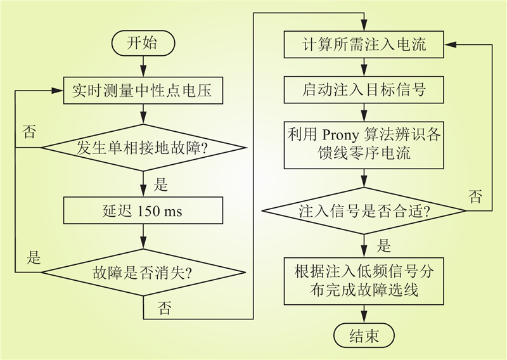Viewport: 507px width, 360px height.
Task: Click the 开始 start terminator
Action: (143, 43)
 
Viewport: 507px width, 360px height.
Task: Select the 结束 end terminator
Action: (364, 335)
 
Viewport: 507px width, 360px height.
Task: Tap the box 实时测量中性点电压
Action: (143, 90)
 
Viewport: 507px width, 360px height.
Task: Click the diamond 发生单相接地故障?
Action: (144, 148)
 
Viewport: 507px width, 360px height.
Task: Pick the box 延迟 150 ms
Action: (143, 210)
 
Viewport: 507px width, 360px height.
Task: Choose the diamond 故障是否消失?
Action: (144, 273)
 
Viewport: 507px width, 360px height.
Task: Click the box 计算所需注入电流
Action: (364, 44)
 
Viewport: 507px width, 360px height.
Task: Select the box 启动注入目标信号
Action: (364, 90)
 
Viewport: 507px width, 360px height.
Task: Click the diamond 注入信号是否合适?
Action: (364, 211)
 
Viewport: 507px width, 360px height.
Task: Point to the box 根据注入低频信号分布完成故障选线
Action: (364, 281)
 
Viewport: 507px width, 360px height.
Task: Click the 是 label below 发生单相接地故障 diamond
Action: (161, 185)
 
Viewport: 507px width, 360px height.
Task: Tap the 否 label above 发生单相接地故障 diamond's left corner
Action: (29, 132)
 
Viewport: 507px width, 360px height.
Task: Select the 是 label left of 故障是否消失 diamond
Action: (34, 257)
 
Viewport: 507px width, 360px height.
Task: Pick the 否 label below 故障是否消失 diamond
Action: (164, 308)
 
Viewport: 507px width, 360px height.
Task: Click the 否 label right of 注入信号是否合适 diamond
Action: (475, 196)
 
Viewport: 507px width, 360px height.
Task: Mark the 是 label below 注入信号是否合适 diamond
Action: (384, 245)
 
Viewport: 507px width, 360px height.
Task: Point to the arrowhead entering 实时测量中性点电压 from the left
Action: (57, 91)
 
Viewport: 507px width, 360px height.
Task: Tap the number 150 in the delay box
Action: (149, 211)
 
